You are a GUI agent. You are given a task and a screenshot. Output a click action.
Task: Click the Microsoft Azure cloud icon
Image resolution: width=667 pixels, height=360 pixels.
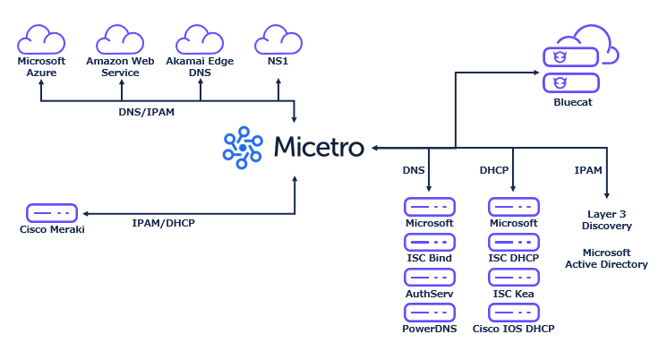tap(42, 40)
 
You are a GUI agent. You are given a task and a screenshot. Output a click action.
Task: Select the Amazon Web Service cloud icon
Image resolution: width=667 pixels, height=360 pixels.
tap(121, 40)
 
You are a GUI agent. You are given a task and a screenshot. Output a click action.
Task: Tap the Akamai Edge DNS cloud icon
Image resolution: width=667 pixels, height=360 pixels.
tap(199, 40)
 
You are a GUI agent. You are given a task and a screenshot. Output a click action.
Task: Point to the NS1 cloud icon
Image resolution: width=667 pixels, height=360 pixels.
tap(278, 40)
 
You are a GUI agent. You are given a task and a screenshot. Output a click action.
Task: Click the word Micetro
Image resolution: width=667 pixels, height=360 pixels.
tap(318, 147)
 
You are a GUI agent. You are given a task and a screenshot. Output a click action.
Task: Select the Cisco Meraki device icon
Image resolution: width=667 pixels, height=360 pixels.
tap(51, 213)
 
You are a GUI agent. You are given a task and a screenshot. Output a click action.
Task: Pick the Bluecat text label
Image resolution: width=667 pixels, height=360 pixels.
tap(573, 103)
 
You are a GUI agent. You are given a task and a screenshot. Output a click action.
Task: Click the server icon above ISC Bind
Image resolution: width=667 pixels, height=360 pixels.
tap(429, 243)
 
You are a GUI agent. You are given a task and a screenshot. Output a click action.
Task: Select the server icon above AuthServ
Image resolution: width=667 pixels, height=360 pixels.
tap(429, 278)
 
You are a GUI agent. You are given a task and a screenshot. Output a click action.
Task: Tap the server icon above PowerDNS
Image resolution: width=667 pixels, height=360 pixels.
tap(429, 313)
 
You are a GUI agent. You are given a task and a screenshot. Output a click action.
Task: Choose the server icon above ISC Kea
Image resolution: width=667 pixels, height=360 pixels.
tap(513, 278)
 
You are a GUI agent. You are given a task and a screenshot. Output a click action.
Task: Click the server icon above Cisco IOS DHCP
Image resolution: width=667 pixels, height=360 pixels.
tap(513, 313)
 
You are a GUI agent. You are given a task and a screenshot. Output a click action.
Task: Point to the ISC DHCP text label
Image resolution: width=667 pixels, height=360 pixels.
tap(513, 258)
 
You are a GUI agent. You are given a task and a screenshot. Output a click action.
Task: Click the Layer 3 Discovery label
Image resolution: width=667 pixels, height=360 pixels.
tap(606, 219)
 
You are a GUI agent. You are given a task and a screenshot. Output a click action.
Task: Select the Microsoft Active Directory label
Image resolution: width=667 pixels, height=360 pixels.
tap(606, 258)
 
